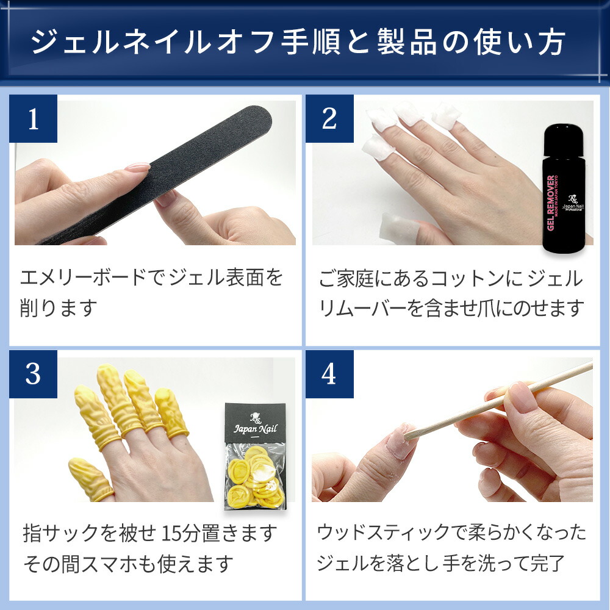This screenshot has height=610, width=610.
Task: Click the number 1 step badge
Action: [x=33, y=119]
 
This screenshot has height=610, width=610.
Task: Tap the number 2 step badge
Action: [x=329, y=119]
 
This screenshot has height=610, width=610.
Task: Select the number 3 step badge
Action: [x=33, y=375]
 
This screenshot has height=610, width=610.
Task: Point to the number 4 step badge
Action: [x=329, y=375]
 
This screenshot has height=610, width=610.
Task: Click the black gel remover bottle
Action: [x=564, y=190]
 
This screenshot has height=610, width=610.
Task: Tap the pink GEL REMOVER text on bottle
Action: [x=551, y=203]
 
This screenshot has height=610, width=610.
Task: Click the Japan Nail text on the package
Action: [x=255, y=429]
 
